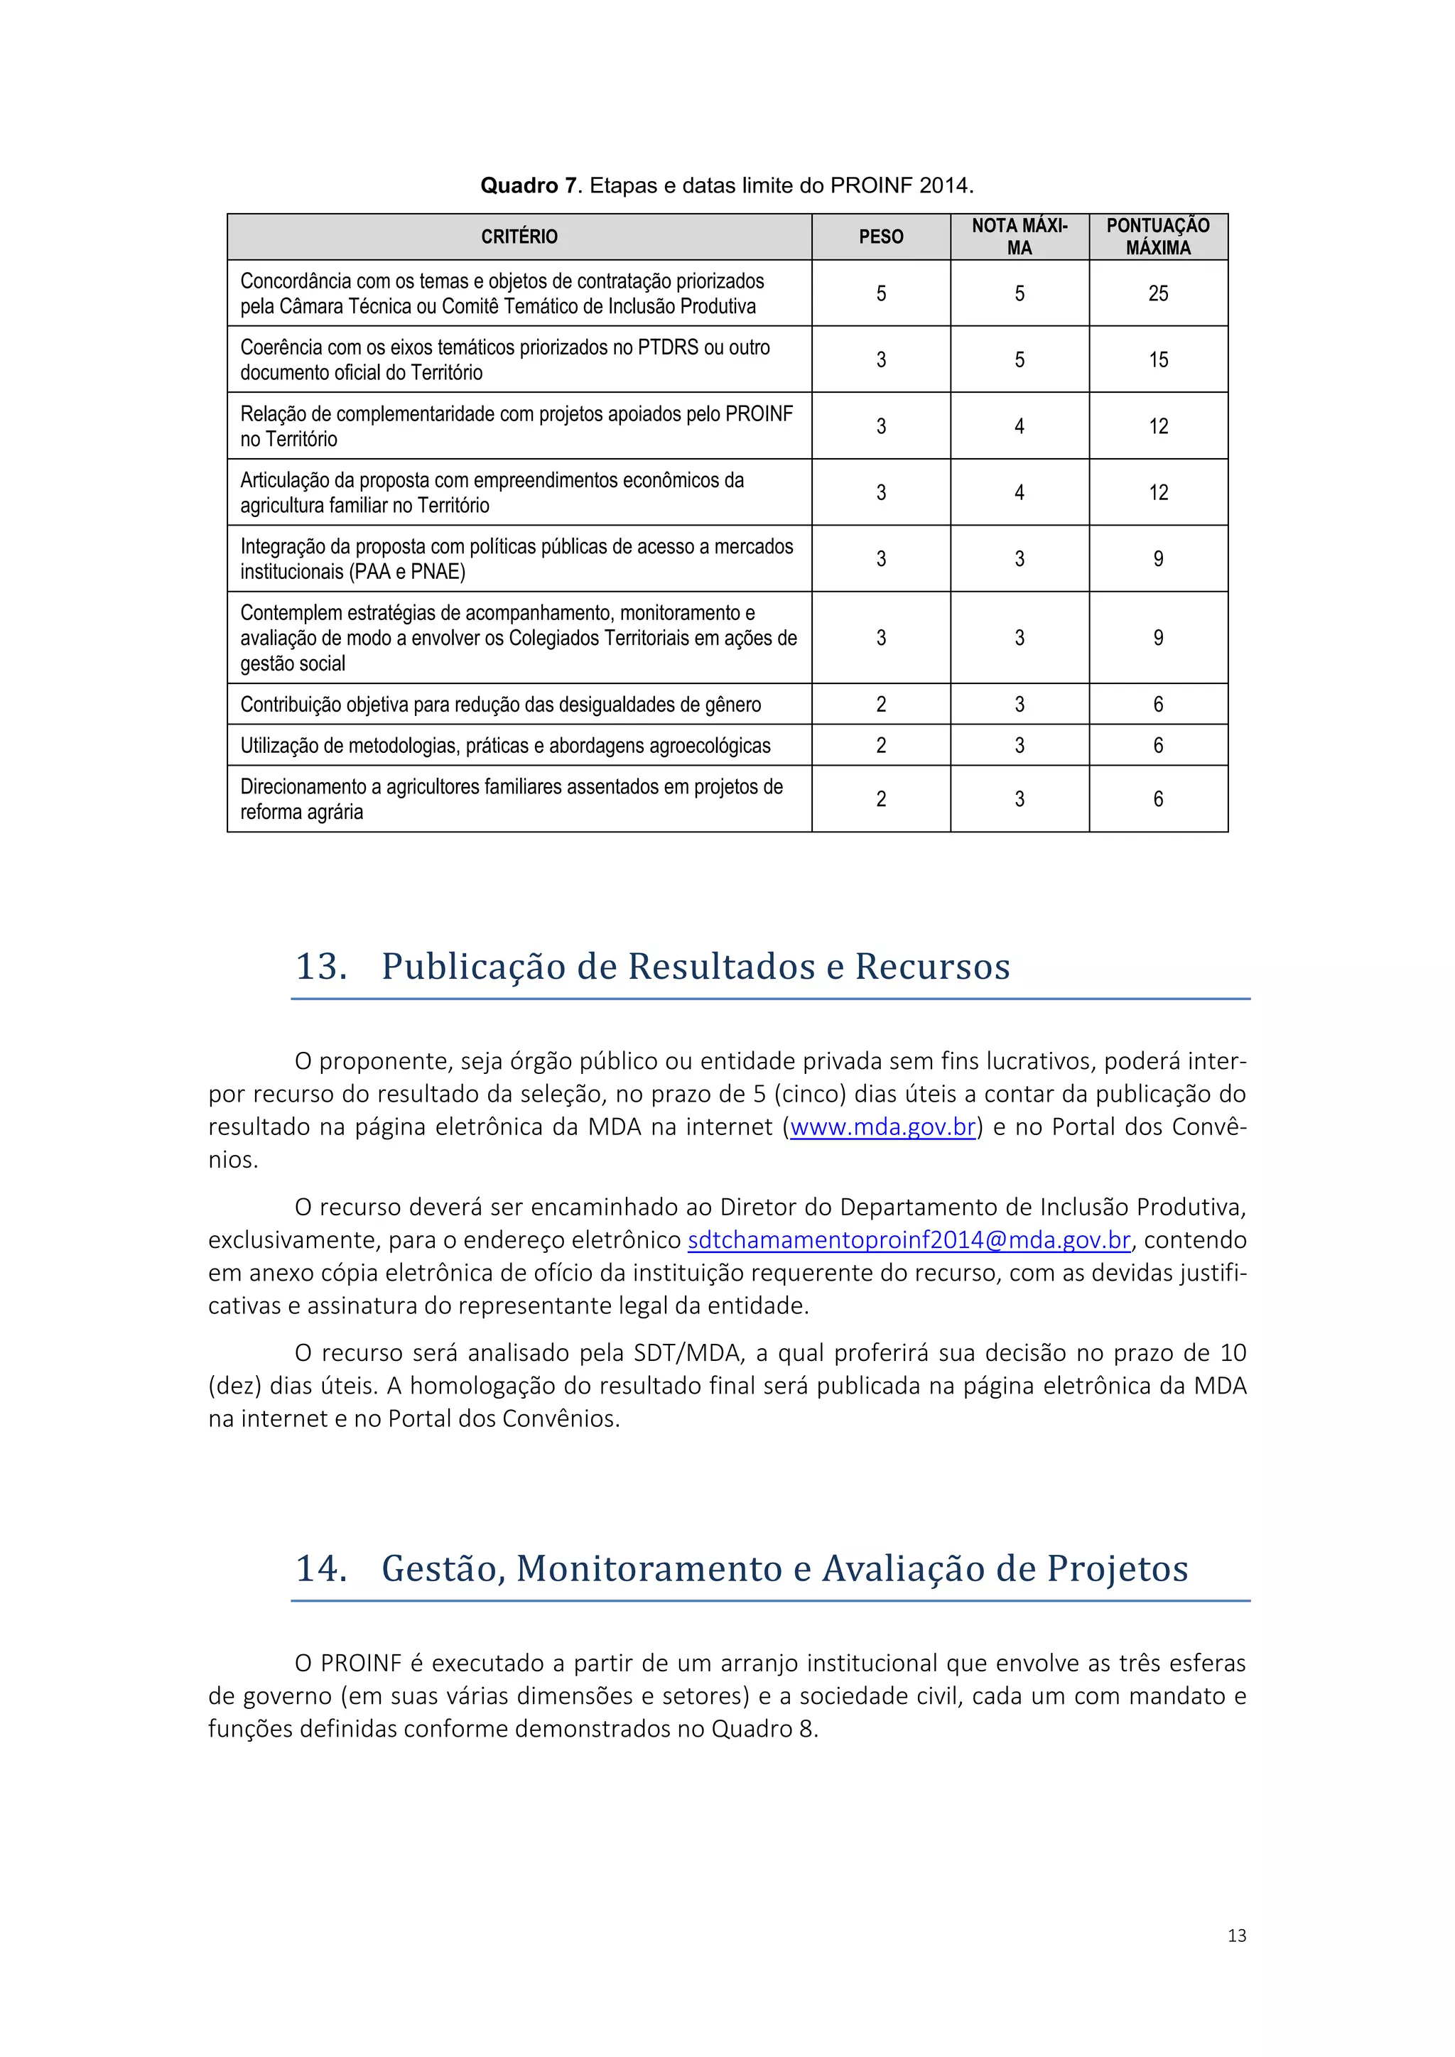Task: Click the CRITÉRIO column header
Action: click(519, 237)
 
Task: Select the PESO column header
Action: click(881, 237)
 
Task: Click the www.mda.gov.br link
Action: click(882, 1127)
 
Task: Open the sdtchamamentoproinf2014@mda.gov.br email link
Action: click(909, 1240)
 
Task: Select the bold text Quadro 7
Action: click(529, 185)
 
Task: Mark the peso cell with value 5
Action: click(881, 293)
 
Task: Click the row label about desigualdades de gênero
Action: click(500, 704)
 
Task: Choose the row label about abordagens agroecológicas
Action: click(504, 745)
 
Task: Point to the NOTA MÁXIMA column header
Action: click(1019, 237)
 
